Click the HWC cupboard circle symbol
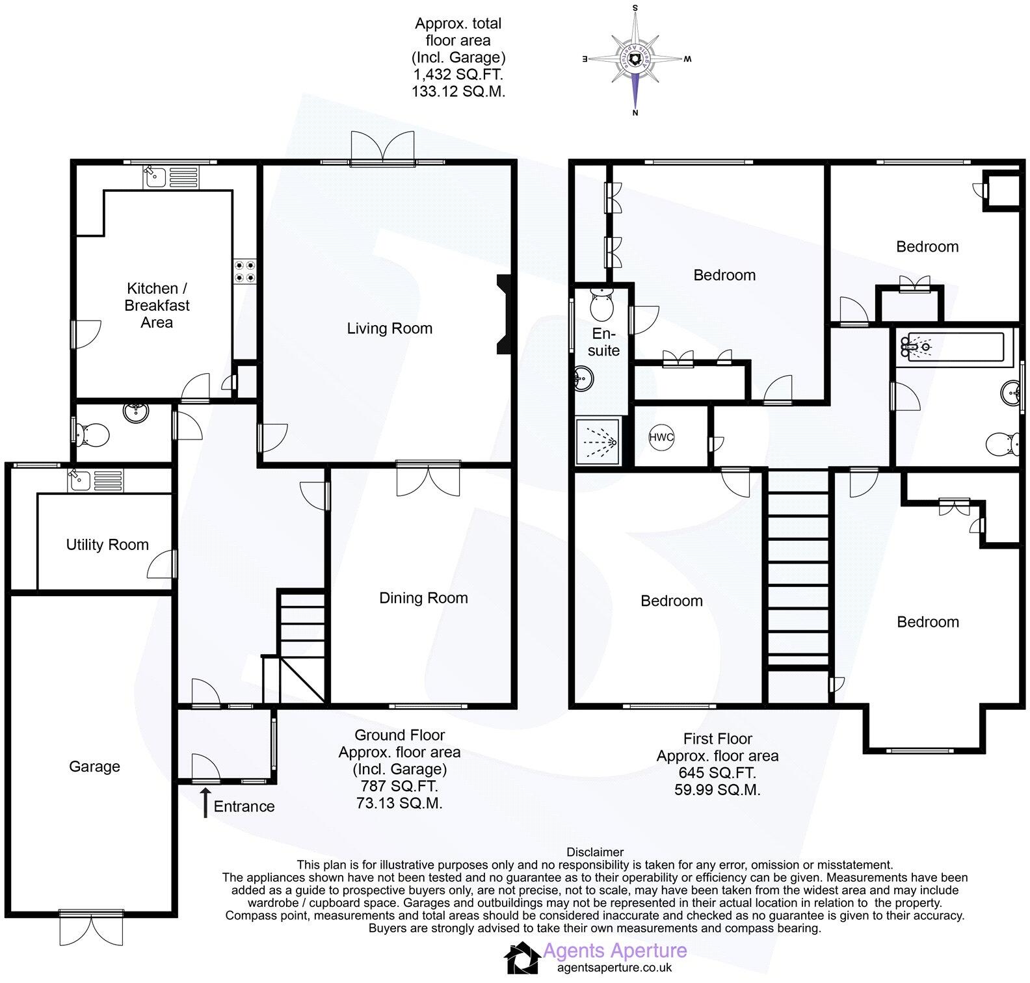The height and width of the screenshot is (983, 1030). (x=661, y=438)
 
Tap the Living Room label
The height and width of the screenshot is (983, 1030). (x=390, y=328)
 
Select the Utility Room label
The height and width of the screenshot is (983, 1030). (x=107, y=545)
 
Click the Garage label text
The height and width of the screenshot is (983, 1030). (x=94, y=767)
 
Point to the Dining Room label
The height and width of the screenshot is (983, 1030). (x=423, y=598)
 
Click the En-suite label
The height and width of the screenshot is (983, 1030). (x=603, y=342)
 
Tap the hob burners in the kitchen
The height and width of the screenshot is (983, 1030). (x=245, y=271)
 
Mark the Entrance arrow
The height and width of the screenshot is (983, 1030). (x=205, y=802)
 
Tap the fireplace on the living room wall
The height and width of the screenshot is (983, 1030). (x=505, y=315)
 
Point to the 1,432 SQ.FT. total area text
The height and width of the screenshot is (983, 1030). (x=458, y=75)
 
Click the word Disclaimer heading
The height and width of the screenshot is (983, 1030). (x=595, y=852)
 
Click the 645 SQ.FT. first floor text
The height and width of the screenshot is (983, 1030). (x=718, y=773)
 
